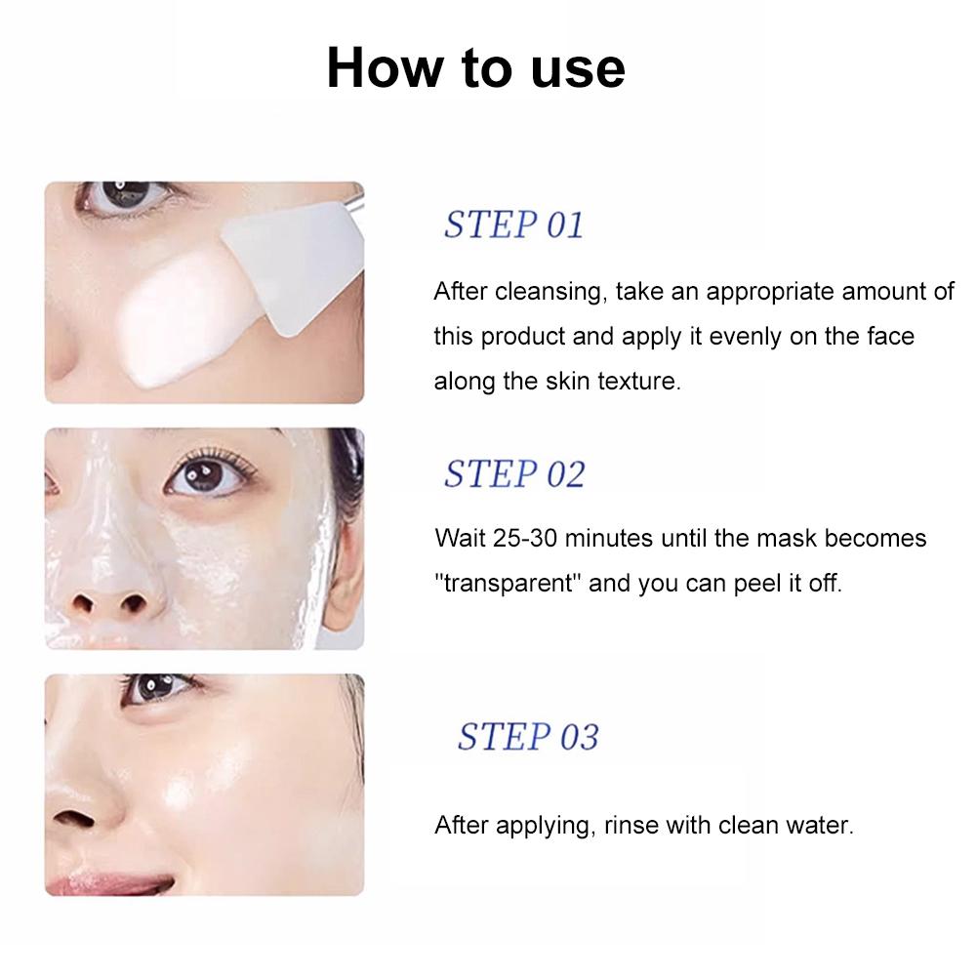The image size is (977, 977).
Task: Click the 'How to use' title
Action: [x=476, y=68]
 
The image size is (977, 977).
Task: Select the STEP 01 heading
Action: [x=514, y=224]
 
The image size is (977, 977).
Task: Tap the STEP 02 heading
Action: [x=514, y=473]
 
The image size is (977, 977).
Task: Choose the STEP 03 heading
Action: [x=528, y=737]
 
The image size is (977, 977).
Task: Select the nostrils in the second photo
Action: [x=109, y=602]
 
